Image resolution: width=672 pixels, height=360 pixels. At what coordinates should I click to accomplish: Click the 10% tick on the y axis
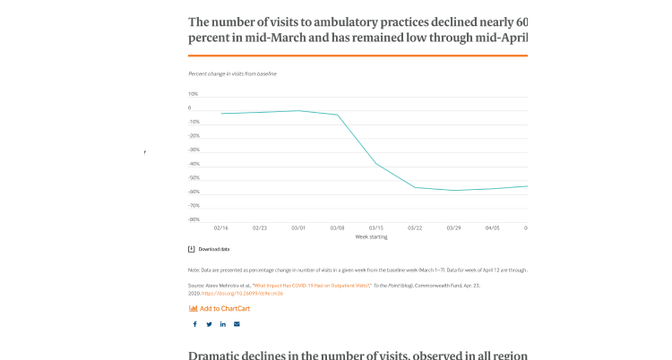click(x=193, y=94)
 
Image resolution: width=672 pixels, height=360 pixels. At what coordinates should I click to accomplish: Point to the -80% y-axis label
click(x=194, y=219)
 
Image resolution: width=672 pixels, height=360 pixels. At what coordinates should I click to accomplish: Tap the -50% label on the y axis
click(x=194, y=177)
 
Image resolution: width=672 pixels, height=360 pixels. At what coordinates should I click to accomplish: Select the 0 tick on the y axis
click(x=189, y=108)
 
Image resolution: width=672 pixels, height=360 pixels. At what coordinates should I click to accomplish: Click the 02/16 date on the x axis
click(x=220, y=228)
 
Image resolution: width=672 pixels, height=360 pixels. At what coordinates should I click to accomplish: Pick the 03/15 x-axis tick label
click(x=376, y=228)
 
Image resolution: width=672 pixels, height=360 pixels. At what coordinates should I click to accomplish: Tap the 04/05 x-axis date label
click(x=493, y=228)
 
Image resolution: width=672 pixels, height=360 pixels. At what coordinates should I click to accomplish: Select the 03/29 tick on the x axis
click(x=453, y=228)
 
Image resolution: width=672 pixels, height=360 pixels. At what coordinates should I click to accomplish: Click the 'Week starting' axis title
click(x=372, y=237)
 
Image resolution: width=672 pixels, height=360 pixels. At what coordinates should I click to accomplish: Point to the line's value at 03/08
click(x=337, y=115)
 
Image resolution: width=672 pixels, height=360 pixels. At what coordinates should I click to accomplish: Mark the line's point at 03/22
click(x=415, y=187)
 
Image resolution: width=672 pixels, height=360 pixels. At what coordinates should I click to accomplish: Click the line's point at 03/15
click(x=376, y=164)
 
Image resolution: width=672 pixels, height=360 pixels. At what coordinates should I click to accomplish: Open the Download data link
click(x=213, y=249)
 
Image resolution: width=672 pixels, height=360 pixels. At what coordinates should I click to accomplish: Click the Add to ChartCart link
click(x=224, y=308)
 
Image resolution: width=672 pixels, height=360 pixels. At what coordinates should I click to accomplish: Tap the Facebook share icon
click(x=194, y=324)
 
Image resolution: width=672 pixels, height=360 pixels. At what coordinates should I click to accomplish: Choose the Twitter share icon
click(x=209, y=324)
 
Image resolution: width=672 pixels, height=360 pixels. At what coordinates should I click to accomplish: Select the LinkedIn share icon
click(x=223, y=324)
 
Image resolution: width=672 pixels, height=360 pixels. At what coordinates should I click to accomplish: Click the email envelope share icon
click(x=237, y=324)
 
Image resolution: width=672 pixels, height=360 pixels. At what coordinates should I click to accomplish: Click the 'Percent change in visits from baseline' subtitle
click(x=232, y=73)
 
